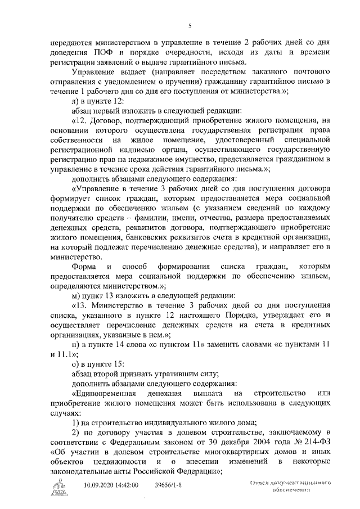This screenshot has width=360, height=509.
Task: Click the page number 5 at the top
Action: click(190, 25)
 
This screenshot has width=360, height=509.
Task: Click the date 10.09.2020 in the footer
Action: click(100, 485)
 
